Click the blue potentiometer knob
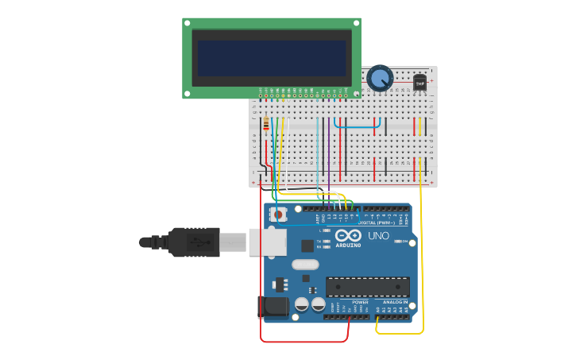[x=380, y=78]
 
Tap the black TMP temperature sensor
[x=419, y=83]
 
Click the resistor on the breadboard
[x=265, y=125]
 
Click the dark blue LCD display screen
[x=272, y=58]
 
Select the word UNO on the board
[x=379, y=236]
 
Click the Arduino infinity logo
[x=348, y=236]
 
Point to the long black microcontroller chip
[x=367, y=286]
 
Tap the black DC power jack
[x=272, y=307]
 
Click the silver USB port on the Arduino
[x=268, y=242]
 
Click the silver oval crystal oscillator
[x=305, y=265]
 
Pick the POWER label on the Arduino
[x=360, y=302]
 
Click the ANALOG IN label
[x=395, y=302]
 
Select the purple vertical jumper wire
[x=328, y=151]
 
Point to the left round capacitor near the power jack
[x=302, y=304]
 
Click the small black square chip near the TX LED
[x=307, y=246]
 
